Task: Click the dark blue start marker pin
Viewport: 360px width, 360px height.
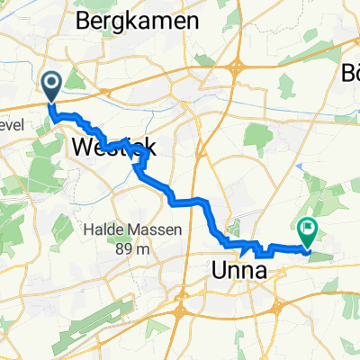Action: coord(50,86)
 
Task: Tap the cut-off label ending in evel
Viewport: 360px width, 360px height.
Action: coord(11,125)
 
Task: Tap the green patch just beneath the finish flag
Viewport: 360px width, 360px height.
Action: coord(320,256)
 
